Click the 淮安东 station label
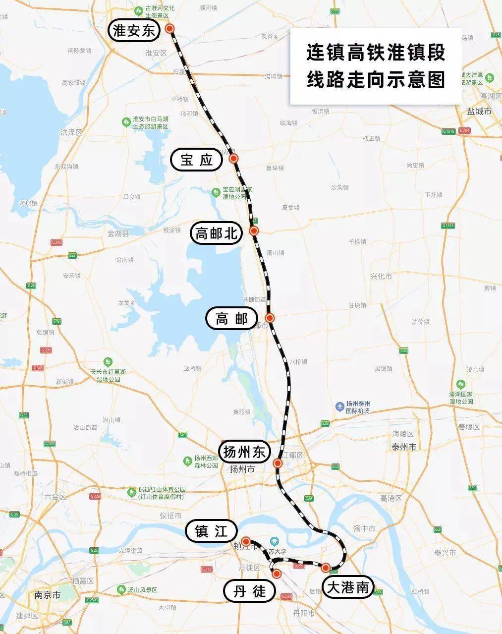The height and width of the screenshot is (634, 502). click(x=134, y=32)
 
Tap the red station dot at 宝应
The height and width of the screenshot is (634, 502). click(x=234, y=158)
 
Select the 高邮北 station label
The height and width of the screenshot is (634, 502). click(x=216, y=233)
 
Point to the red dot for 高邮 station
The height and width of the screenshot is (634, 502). click(x=270, y=318)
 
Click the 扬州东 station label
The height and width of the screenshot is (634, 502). click(x=245, y=452)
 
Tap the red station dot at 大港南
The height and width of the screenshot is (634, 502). click(x=326, y=568)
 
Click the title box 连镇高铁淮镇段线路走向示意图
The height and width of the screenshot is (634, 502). click(x=376, y=66)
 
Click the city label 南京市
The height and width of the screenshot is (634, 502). click(x=48, y=594)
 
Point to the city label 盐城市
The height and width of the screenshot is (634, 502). click(x=479, y=112)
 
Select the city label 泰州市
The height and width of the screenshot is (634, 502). click(x=403, y=447)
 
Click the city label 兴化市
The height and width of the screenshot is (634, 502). click(x=381, y=276)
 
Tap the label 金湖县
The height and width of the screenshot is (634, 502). click(x=118, y=233)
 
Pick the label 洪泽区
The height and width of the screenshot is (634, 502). click(x=71, y=132)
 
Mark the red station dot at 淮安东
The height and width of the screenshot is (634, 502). click(x=170, y=29)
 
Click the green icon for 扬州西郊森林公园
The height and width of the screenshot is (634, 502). click(x=187, y=461)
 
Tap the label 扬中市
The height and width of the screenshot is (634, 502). click(x=364, y=529)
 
